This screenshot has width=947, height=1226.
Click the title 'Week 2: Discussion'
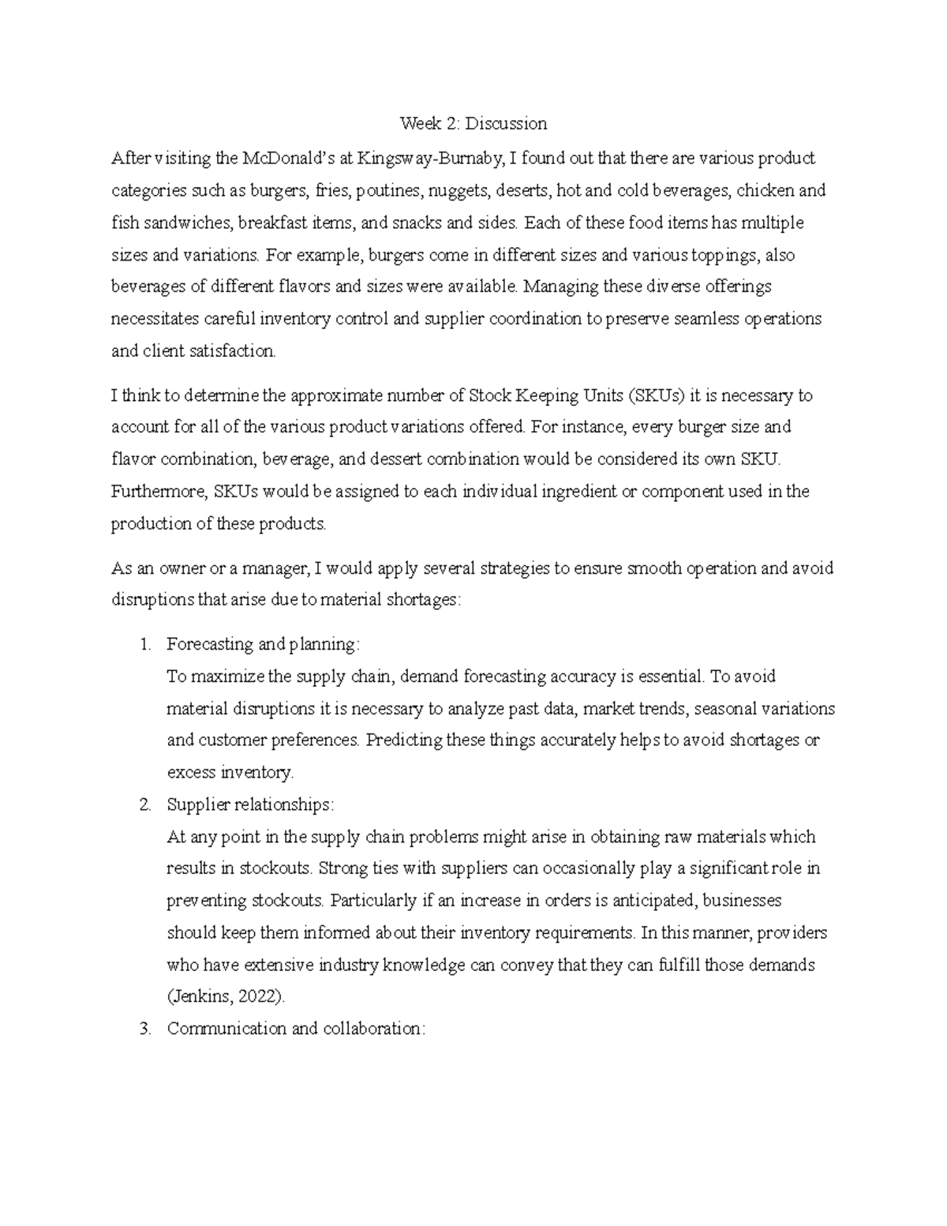pyautogui.click(x=473, y=123)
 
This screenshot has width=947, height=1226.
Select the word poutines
pyautogui.click(x=385, y=191)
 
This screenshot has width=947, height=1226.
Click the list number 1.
pyautogui.click(x=144, y=644)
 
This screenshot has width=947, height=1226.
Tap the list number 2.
pyautogui.click(x=144, y=805)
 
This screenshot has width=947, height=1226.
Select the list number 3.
pyautogui.click(x=144, y=1029)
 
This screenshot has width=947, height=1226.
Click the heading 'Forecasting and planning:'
pyautogui.click(x=263, y=644)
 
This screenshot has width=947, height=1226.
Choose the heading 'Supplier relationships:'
pyautogui.click(x=250, y=805)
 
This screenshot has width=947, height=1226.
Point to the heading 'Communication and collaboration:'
pyautogui.click(x=296, y=1029)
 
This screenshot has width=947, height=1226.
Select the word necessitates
pyautogui.click(x=155, y=320)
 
